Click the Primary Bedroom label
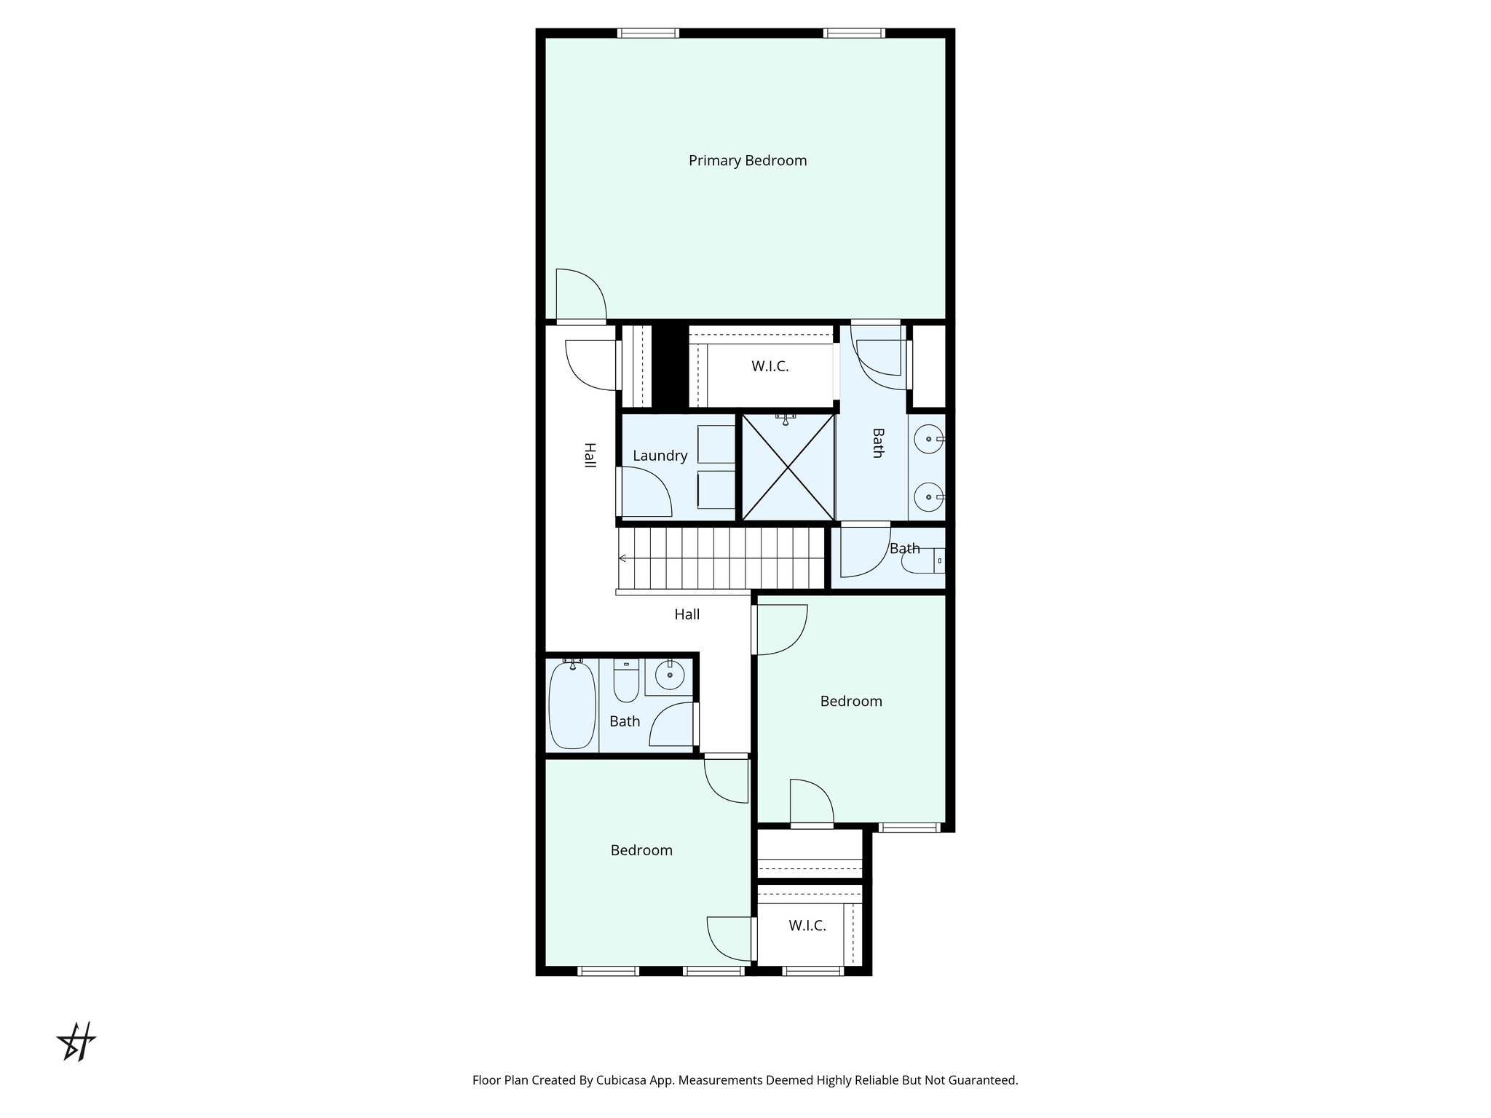coord(748,161)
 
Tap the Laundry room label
coord(660,456)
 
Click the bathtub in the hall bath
coord(572,704)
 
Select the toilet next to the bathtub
coord(626,678)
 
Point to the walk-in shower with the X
coord(788,467)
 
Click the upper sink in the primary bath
coord(929,439)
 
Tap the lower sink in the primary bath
coord(929,497)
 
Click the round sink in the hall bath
coord(670,675)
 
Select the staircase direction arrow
coord(623,558)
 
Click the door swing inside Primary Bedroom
coord(580,295)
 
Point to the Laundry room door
coord(644,492)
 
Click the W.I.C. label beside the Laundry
coord(770,367)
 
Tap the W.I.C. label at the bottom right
coord(807,926)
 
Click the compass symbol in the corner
coord(76,1042)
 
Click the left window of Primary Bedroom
coord(648,33)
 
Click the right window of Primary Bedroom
coord(854,33)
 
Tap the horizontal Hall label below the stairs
coord(687,615)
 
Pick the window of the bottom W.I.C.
coord(813,970)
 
